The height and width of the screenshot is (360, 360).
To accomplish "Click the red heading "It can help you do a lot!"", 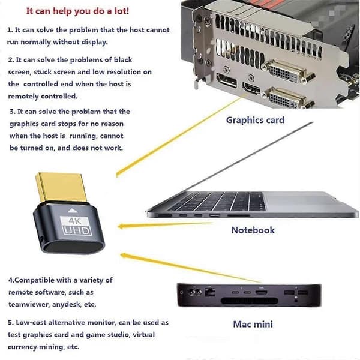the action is click(77, 11).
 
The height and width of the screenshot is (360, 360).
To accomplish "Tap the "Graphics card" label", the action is click(255, 120).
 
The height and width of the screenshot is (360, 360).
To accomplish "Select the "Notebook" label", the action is click(253, 230).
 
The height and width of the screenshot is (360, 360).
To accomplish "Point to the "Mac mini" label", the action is click(253, 324).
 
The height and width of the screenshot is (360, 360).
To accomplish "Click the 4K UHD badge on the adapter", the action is click(76, 226).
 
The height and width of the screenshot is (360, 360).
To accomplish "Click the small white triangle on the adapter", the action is click(72, 211).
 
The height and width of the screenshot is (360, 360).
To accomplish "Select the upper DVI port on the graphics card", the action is click(287, 71).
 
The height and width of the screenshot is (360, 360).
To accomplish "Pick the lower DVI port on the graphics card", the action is click(287, 98).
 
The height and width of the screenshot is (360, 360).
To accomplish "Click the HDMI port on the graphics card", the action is click(252, 88).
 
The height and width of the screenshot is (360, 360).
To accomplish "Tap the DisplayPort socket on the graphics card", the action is click(227, 80).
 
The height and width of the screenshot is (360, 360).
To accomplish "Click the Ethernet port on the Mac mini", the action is click(209, 292).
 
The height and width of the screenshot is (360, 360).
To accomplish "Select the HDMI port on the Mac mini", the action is click(262, 293).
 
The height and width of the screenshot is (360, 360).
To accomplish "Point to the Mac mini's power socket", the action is click(194, 292).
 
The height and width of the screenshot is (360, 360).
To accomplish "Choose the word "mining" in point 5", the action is click(51, 347).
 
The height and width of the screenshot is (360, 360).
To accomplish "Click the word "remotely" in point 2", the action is click(23, 96).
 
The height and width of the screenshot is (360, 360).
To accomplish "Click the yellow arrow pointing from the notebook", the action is click(166, 225).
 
